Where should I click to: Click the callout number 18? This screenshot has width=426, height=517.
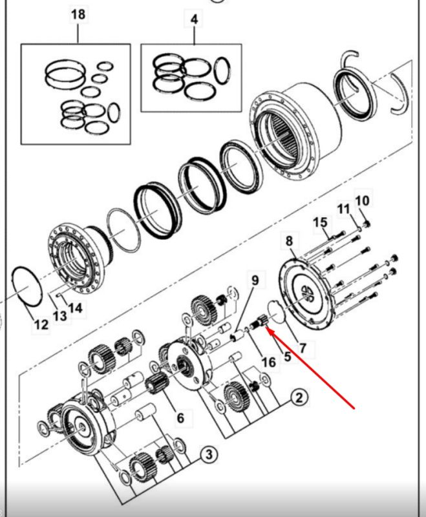(78, 15)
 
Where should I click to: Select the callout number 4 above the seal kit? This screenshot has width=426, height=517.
(194, 19)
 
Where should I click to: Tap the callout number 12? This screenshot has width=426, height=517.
(41, 325)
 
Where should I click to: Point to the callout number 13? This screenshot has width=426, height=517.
(60, 316)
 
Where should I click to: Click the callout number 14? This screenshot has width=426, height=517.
(75, 308)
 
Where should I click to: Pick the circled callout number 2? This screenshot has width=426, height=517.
(299, 397)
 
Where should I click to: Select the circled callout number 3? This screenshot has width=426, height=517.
(209, 455)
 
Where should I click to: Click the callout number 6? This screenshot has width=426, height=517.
(180, 417)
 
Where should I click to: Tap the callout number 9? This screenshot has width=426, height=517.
(255, 280)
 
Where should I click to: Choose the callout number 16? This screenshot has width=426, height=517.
(268, 363)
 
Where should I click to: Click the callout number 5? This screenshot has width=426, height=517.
(287, 357)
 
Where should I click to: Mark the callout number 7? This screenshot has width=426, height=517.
(303, 348)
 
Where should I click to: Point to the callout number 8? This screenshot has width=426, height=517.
(289, 240)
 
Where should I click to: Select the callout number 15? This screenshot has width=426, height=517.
(320, 222)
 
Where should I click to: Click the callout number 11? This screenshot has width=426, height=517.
(343, 209)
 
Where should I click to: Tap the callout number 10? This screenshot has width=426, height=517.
(363, 200)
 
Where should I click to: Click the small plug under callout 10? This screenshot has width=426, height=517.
(367, 224)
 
